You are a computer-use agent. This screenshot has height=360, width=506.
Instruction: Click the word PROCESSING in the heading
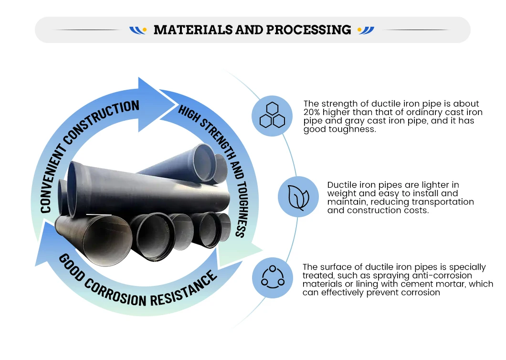[x=308, y=30]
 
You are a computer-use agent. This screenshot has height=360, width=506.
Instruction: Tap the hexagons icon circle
[x=272, y=116]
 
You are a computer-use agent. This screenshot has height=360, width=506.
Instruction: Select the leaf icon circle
[x=298, y=196]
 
